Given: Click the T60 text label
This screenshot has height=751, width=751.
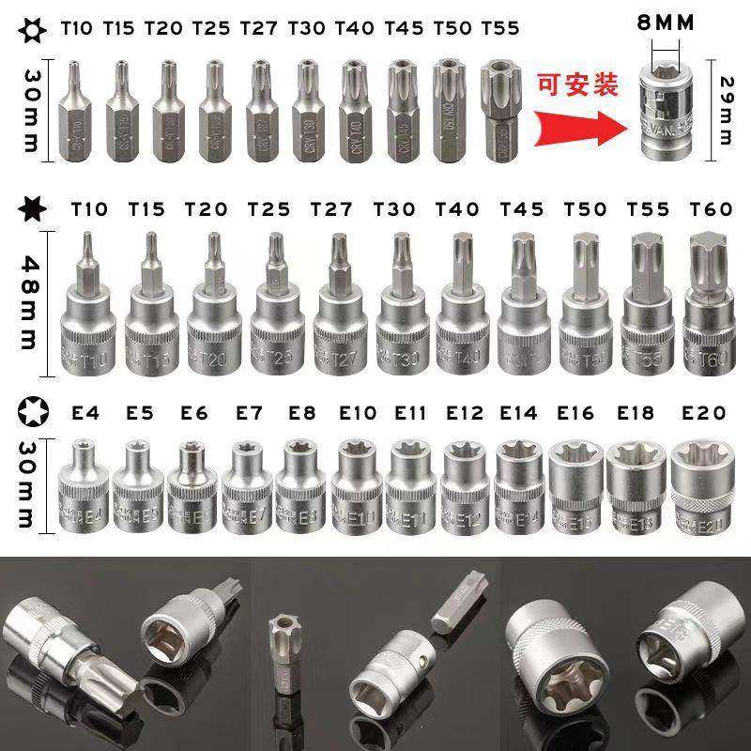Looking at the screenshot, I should point(710,210).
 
